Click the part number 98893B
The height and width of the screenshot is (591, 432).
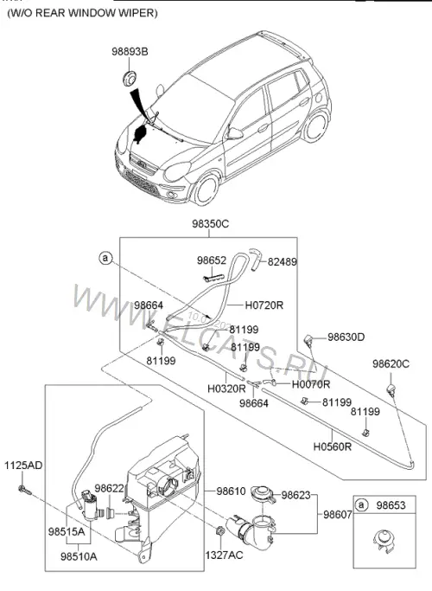[x=130, y=52]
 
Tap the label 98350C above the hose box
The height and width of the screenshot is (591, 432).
[x=210, y=224]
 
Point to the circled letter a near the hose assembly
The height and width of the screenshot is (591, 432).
[x=106, y=258]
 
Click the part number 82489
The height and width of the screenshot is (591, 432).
[x=283, y=261]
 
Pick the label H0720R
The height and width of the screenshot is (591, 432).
[x=264, y=305]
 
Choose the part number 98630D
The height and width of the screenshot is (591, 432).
[x=346, y=337]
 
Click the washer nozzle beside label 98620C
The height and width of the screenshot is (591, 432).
[x=391, y=390]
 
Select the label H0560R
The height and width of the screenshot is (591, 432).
[x=333, y=447]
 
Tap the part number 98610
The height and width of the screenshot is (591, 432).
[x=231, y=491]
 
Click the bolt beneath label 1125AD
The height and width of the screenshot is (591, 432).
[x=24, y=490]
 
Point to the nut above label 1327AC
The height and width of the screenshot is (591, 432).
[x=220, y=531]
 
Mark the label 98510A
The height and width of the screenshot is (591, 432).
[x=79, y=556]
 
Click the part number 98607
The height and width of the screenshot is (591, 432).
[x=338, y=515]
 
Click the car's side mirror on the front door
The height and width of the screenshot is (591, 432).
[x=234, y=133]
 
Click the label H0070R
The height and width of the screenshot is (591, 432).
[x=311, y=384]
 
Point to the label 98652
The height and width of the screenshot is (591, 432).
[x=212, y=260]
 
